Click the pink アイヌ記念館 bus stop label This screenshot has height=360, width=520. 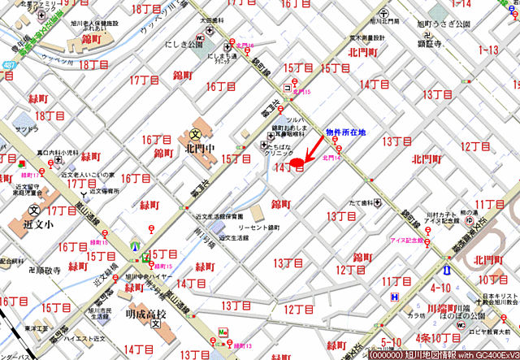(x=406, y=241)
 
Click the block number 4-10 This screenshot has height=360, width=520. (x=440, y=288)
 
